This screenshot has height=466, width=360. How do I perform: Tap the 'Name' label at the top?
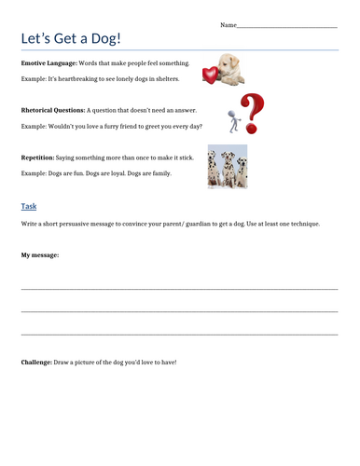pyautogui.click(x=228, y=24)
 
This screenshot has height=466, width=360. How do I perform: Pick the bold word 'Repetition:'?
pyautogui.click(x=42, y=158)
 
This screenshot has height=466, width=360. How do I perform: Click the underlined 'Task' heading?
pyautogui.click(x=29, y=206)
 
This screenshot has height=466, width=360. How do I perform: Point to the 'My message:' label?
pyautogui.click(x=40, y=254)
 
